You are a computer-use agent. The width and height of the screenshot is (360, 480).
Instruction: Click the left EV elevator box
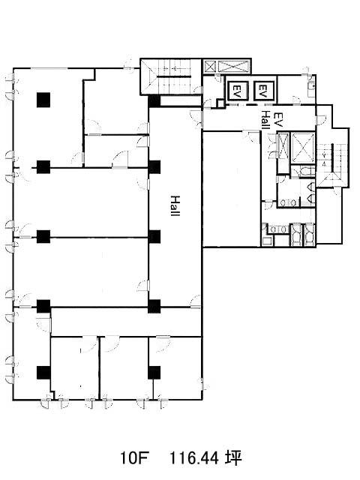coord(237,91)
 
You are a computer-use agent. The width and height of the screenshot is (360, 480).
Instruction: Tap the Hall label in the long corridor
coord(175,205)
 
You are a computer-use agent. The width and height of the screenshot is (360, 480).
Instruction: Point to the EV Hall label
coord(271,120)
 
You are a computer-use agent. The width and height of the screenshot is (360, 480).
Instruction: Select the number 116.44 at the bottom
coord(194,458)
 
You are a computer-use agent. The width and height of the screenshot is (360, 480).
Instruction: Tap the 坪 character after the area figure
coord(234,458)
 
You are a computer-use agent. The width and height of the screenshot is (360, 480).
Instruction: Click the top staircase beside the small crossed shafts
coord(171,76)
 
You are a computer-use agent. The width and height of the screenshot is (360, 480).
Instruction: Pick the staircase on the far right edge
coord(331,162)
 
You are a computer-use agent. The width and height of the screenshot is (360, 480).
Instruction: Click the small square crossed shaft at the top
coord(210,67)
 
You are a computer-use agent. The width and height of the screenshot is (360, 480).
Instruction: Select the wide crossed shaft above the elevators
coord(233,67)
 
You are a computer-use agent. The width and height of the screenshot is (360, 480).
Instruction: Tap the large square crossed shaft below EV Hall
coord(302,148)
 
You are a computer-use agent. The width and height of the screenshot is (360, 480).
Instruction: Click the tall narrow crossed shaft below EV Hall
coord(283,147)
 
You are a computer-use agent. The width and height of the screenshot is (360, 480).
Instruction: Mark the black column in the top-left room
coord(43,100)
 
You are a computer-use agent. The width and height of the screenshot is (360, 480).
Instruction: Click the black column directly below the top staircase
coord(154,101)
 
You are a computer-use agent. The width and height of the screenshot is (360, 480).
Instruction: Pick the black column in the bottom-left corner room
coord(43,373)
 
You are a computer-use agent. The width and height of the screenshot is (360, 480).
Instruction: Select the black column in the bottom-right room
coord(154,373)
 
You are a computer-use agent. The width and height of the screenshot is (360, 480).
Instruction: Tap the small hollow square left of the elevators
coord(220,103)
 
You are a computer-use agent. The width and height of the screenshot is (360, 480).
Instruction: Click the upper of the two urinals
coord(311,186)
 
